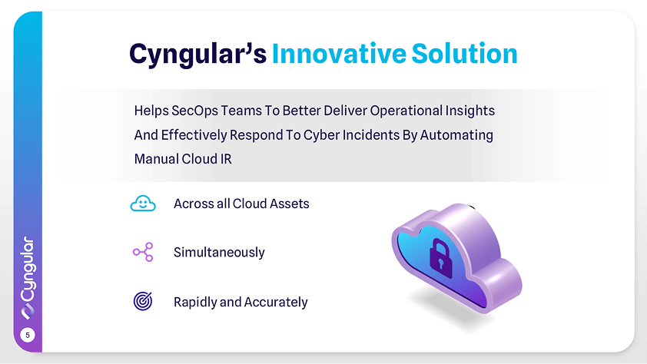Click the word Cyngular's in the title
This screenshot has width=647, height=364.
pos(197,54)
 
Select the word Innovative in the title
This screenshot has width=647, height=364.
pos(339,54)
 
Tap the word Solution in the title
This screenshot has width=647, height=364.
pos(465,54)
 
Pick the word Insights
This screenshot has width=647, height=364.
pos(470,111)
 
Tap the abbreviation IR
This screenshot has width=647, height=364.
pos(226,159)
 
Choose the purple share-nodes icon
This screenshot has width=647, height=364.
pos(143,252)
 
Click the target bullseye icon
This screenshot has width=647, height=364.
pos(143,301)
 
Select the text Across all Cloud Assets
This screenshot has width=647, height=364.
pos(241,204)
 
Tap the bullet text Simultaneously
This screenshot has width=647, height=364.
pos(219,253)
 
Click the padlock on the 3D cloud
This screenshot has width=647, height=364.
pos(441,258)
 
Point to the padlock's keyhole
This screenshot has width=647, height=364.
pos(441,263)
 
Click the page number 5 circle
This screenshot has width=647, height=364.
pos(28,335)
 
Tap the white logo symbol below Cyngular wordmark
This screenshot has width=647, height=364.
pos(28,312)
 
